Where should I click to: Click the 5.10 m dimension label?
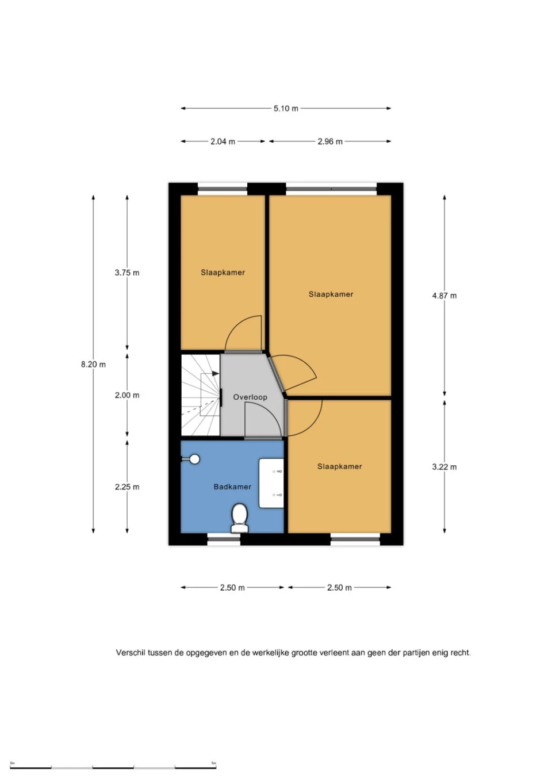click(286, 109)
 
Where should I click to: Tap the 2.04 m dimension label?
click(223, 141)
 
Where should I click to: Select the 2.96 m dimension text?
click(330, 141)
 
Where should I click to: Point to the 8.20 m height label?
click(93, 365)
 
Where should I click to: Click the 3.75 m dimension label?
click(127, 273)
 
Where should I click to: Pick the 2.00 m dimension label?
click(127, 395)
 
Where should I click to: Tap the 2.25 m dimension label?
click(127, 487)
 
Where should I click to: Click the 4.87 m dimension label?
click(444, 296)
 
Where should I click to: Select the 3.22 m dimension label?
click(444, 467)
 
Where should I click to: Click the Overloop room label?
click(250, 397)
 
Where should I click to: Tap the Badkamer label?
click(232, 487)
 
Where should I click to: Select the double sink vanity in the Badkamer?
click(271, 483)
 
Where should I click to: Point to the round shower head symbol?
click(195, 459)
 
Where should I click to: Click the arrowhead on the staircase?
click(216, 373)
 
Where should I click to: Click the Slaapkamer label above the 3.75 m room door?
click(223, 273)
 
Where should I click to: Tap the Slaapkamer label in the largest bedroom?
click(331, 294)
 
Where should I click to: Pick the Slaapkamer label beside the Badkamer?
click(339, 466)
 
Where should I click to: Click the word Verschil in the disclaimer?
click(131, 653)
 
